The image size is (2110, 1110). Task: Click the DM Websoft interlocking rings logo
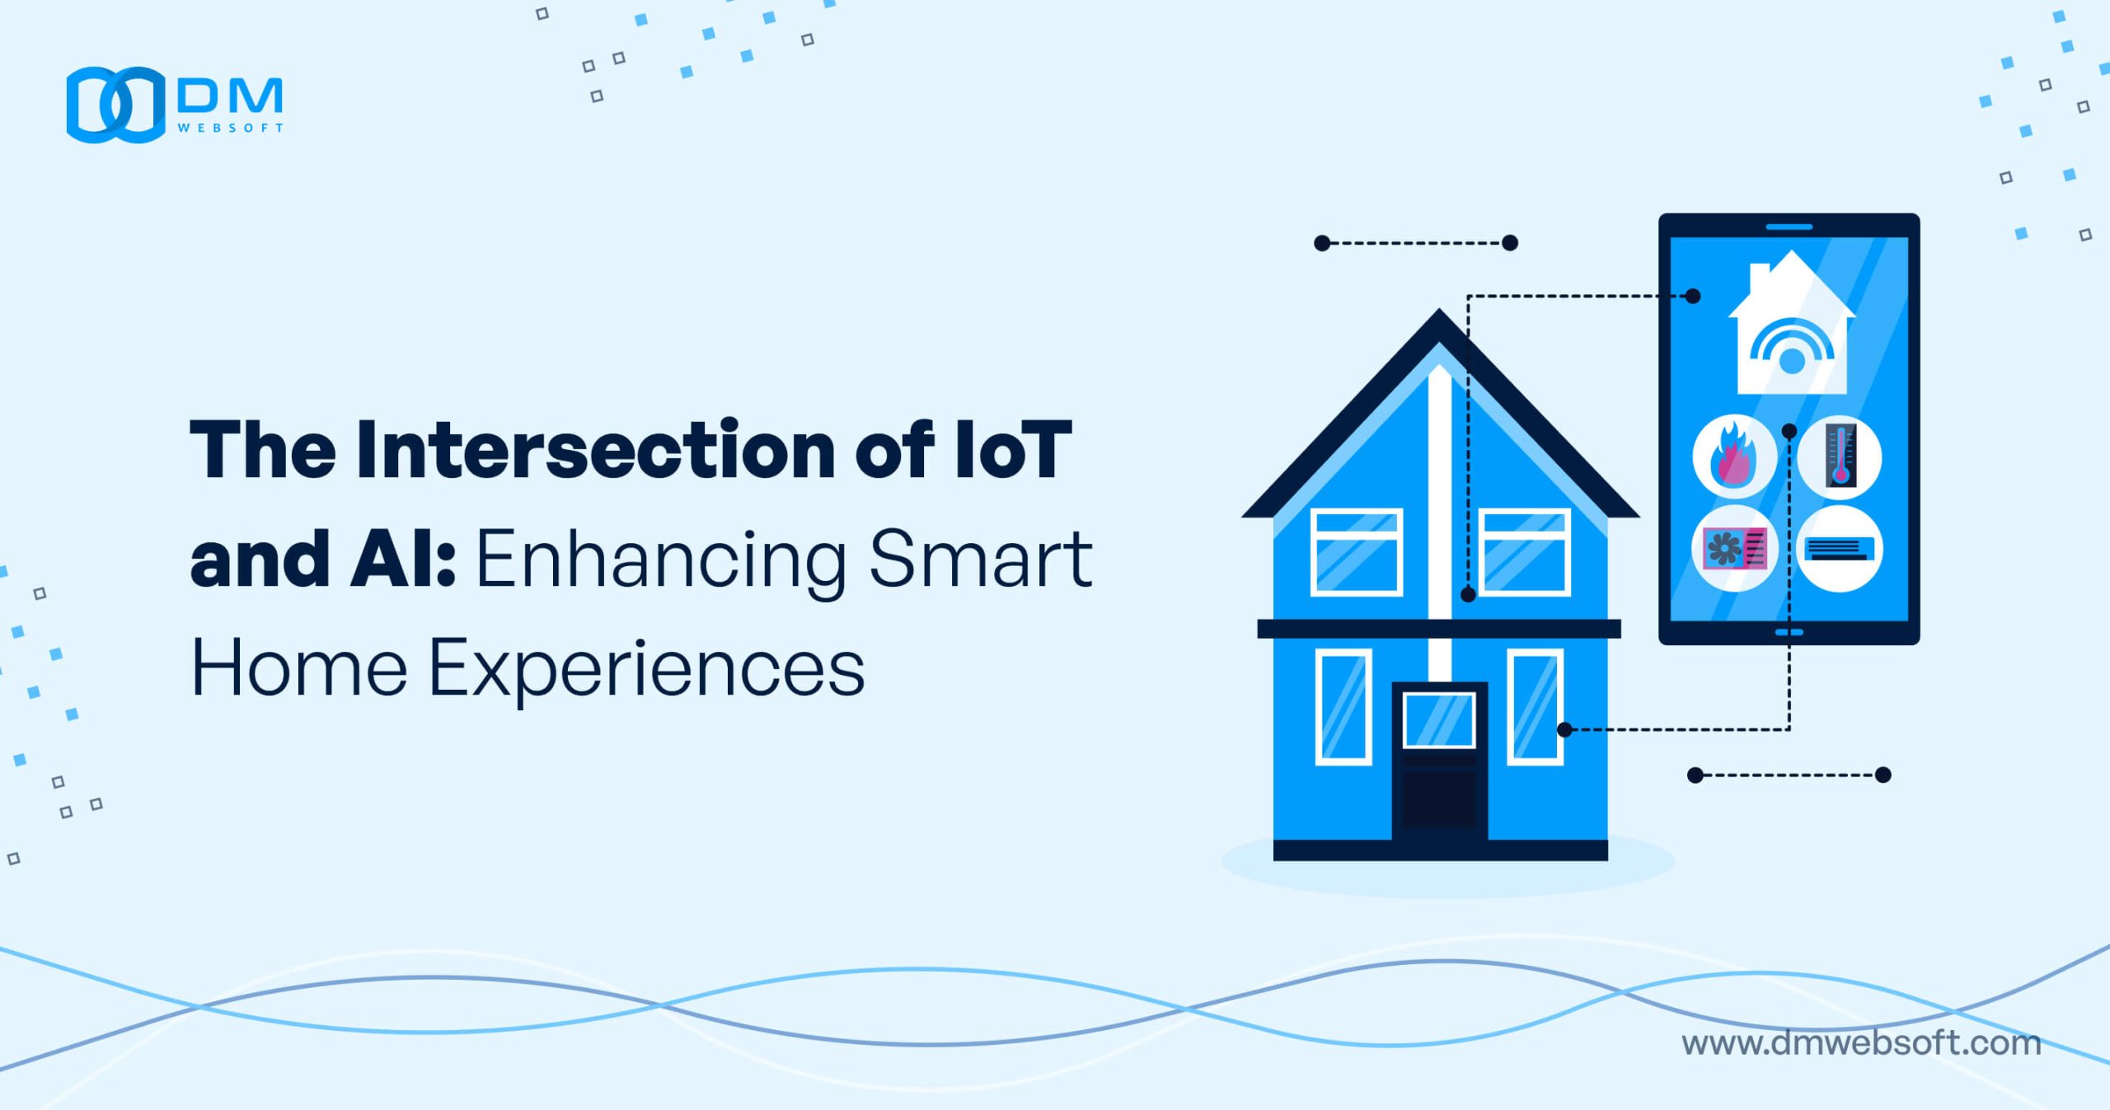pos(115,105)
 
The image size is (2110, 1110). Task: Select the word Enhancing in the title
pos(661,561)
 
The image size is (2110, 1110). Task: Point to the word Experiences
pos(647,668)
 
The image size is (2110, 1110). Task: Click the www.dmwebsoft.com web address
pos(1861,1043)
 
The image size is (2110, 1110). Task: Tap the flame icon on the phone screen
pos(1734,457)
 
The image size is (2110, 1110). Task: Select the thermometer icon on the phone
pos(1840,457)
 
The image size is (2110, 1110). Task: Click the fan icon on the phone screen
pos(1734,549)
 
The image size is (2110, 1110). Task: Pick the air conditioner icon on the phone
pos(1840,549)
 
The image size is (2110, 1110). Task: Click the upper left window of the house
pos(1357,552)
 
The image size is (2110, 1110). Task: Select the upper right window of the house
pos(1524,552)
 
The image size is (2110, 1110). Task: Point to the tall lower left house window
pos(1343,707)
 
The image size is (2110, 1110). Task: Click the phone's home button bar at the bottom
pos(1789,632)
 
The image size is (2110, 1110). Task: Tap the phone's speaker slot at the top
pos(1789,227)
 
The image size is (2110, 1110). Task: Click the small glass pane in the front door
pos(1439,720)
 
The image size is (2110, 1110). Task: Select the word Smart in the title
pos(981,560)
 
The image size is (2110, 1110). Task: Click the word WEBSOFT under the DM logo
pos(231,128)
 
